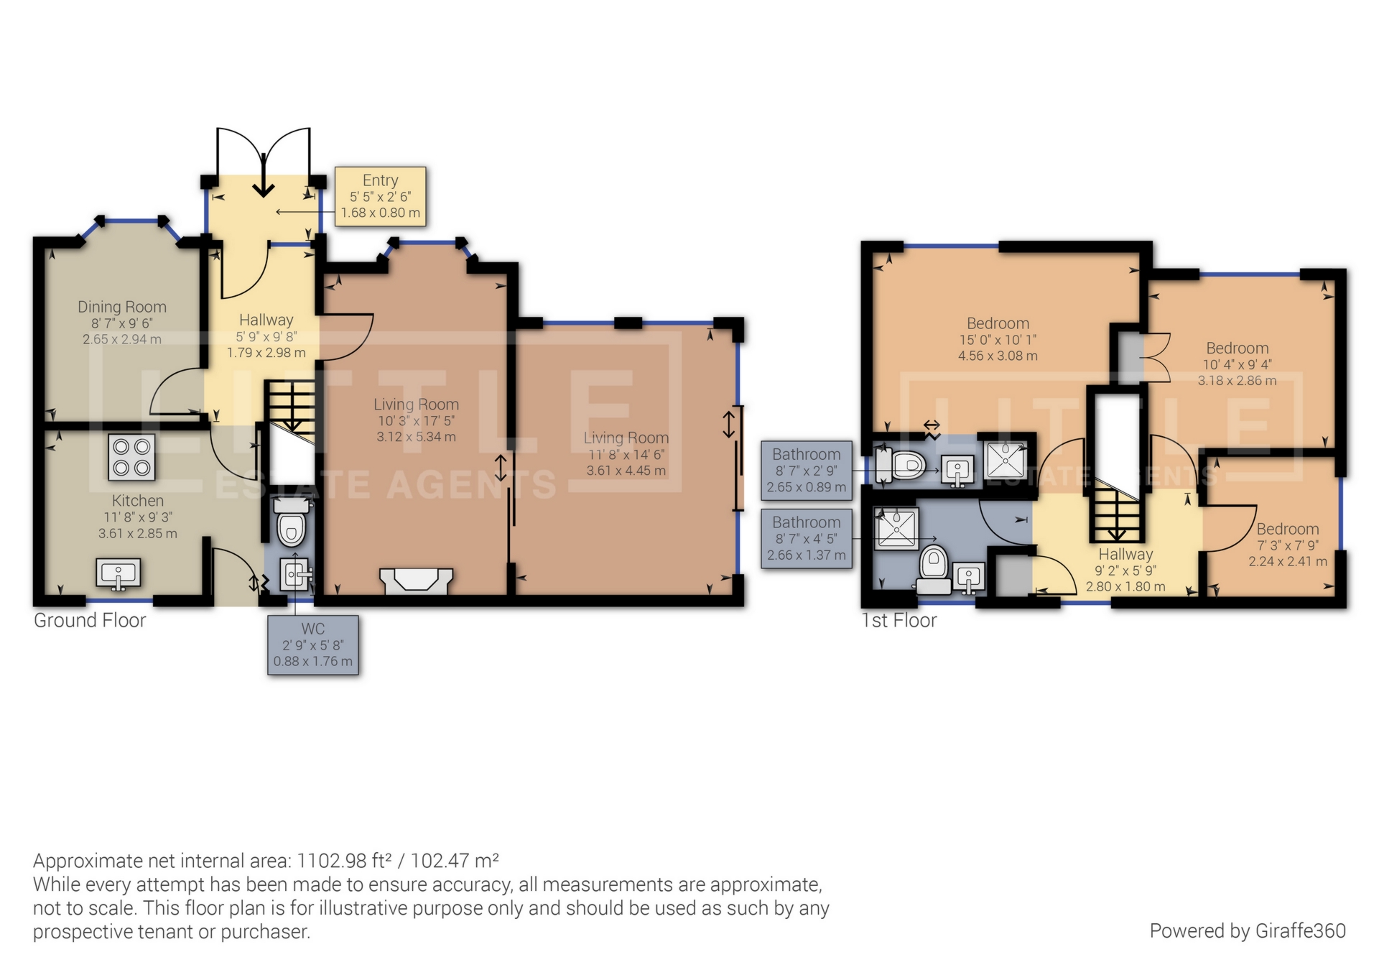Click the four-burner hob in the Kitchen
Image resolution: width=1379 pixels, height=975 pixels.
[x=132, y=458]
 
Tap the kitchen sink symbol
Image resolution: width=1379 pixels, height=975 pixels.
[x=119, y=574]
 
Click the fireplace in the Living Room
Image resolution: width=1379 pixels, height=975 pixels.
[x=416, y=581]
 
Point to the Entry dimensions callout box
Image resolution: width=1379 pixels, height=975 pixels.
[x=381, y=196]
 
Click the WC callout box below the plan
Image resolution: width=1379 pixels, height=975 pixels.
[x=313, y=644]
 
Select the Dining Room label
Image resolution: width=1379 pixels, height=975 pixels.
[x=122, y=308]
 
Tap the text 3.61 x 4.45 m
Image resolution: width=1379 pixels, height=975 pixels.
[x=626, y=471]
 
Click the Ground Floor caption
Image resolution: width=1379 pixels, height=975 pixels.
[x=90, y=620]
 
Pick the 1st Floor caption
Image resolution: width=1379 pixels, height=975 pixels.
[x=899, y=620]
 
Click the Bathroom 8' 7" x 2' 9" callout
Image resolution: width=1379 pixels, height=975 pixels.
[x=807, y=470]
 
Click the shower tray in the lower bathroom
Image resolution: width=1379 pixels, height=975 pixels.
[x=896, y=527]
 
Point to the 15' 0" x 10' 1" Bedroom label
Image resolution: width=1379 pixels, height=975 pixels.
[x=998, y=339]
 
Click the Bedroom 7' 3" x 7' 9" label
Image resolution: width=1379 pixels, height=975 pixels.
[x=1288, y=545]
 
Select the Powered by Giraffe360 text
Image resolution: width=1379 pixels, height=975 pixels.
[x=1248, y=931]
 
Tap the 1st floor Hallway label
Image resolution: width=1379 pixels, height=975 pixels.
[x=1125, y=555]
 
